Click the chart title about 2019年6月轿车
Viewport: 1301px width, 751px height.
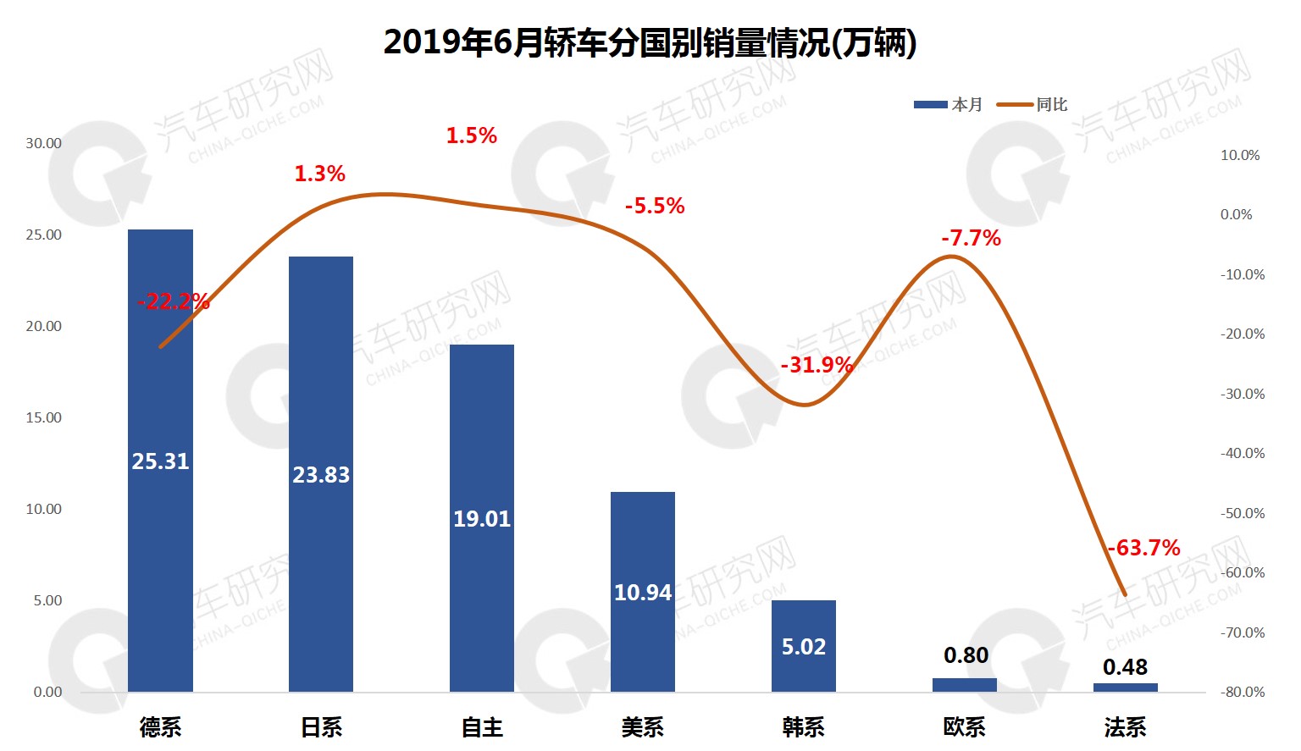click(650, 42)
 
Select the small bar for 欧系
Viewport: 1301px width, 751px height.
click(965, 685)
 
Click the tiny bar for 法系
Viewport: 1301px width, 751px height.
click(1125, 687)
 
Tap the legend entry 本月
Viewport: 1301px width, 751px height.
click(949, 105)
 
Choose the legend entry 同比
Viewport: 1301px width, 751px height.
click(1033, 105)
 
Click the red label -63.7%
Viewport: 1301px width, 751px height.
click(1143, 548)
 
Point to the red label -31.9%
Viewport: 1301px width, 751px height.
click(817, 365)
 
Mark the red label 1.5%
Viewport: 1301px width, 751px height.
click(472, 135)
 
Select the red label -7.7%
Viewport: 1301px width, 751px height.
click(971, 238)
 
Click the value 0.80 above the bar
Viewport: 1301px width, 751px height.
click(966, 655)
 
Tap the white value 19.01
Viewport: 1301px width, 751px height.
click(482, 519)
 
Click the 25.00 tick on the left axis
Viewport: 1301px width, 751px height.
click(43, 235)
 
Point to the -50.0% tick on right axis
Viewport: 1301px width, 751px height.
click(1243, 513)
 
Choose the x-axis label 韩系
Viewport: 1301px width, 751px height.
click(804, 727)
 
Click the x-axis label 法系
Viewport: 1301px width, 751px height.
click(1125, 727)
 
